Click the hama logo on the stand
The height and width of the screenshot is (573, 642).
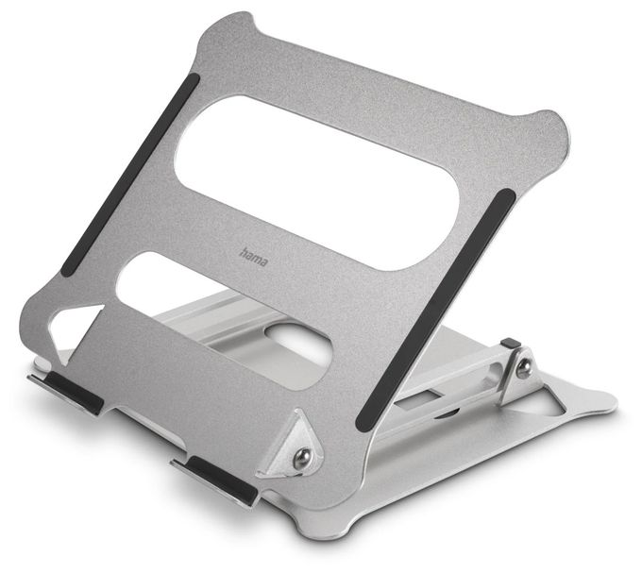pos(253,257)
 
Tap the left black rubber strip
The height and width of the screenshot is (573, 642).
pos(129,175)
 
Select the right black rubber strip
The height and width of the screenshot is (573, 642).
pos(436,310)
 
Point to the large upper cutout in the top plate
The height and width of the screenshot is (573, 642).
pos(315,182)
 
